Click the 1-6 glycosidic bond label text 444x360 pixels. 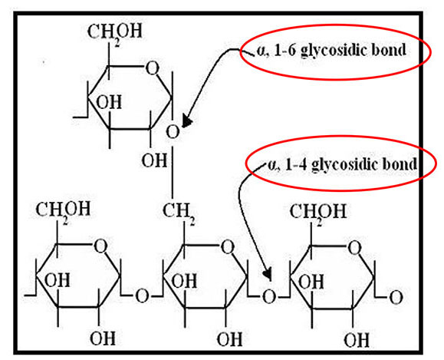click(331, 51)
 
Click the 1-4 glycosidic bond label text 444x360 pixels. click(342, 164)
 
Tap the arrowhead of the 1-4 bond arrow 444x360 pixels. click(268, 273)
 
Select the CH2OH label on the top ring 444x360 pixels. click(114, 32)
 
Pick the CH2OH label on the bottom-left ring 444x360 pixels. click(63, 210)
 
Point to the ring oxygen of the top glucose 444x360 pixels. click(152, 68)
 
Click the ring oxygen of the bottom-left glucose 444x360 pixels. click(100, 246)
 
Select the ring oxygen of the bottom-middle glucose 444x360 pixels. click(228, 247)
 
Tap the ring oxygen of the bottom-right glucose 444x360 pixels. click(354, 248)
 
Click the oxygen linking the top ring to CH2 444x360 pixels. click(173, 132)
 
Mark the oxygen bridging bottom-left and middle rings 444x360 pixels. click(142, 296)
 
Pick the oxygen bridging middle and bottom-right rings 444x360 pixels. click(268, 297)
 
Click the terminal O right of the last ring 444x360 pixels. click(396, 298)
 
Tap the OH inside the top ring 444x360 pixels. click(109, 102)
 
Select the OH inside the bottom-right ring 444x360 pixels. click(311, 282)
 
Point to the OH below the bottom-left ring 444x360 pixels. click(103, 339)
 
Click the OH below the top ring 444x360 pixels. click(154, 160)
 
